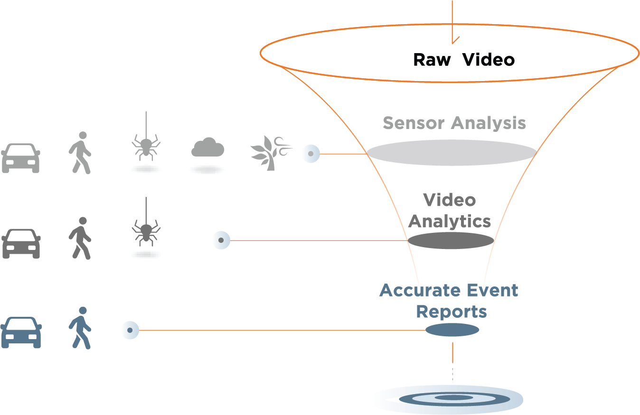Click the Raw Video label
point(464,60)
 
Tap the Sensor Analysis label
point(454,123)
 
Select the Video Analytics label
point(450,211)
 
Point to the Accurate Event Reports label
point(449,301)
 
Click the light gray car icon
point(20,157)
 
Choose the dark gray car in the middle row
point(21,244)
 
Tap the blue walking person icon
point(80,328)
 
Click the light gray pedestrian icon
point(80,152)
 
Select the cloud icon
point(207,148)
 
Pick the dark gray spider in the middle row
point(146,231)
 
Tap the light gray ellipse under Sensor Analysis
point(452,153)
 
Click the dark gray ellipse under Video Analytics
point(451,240)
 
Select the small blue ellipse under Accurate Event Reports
point(452,330)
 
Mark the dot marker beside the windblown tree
point(311,154)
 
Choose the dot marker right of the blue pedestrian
point(130,330)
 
